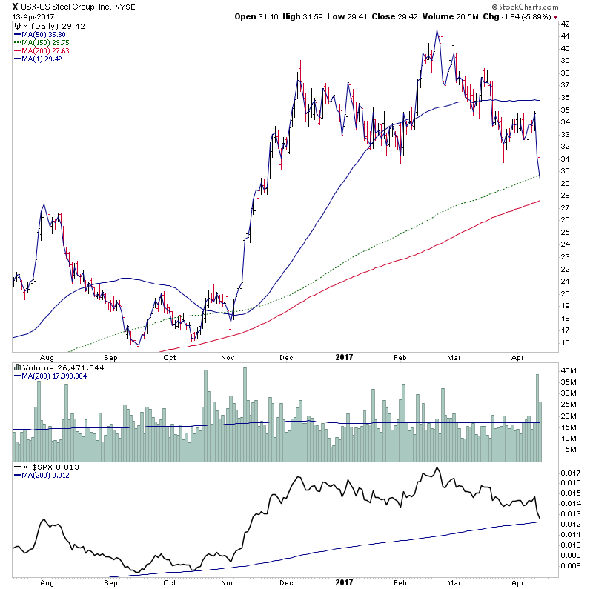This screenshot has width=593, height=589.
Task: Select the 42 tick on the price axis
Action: (564, 24)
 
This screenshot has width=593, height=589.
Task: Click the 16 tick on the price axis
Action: (564, 342)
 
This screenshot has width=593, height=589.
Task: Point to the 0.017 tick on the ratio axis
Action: (570, 473)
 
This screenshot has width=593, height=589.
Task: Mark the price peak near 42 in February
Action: (437, 28)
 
